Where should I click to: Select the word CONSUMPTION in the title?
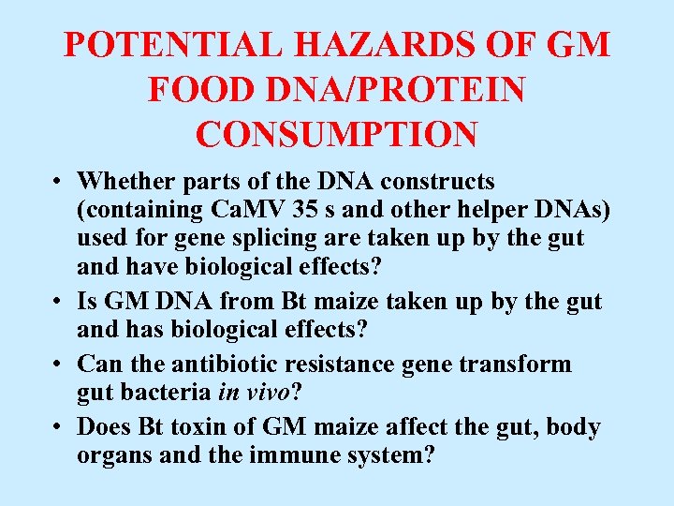point(337,133)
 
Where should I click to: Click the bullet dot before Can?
point(58,364)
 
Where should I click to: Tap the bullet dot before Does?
point(58,428)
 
